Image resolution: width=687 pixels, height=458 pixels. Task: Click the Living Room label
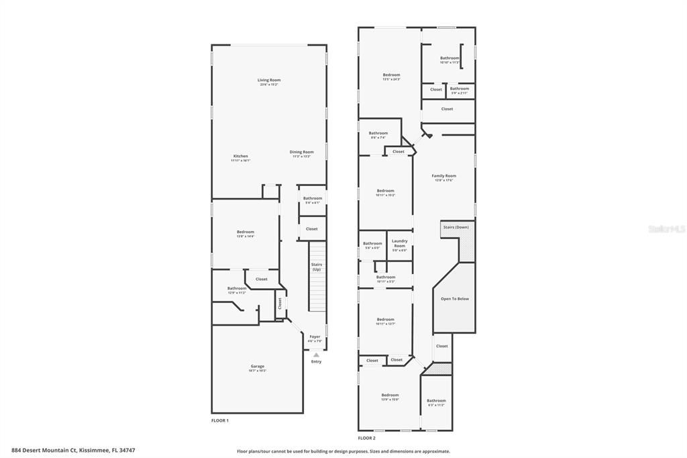pyautogui.click(x=269, y=80)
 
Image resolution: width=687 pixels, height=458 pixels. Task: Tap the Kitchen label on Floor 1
pyautogui.click(x=240, y=156)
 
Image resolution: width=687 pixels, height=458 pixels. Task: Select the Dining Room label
pyautogui.click(x=301, y=152)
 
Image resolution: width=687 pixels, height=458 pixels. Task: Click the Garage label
pyautogui.click(x=257, y=367)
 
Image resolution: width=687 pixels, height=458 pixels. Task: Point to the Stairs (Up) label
pyautogui.click(x=316, y=267)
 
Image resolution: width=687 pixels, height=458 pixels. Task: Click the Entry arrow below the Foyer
pyautogui.click(x=316, y=355)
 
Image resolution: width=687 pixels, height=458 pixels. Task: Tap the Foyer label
pyautogui.click(x=315, y=336)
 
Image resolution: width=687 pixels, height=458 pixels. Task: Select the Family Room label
pyautogui.click(x=443, y=176)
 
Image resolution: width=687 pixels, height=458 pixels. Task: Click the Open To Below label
pyautogui.click(x=454, y=299)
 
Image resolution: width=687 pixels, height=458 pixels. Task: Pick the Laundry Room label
pyautogui.click(x=399, y=243)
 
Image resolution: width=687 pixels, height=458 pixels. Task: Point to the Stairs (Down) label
pyautogui.click(x=456, y=227)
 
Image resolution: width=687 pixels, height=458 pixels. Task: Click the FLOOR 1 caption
pyautogui.click(x=220, y=420)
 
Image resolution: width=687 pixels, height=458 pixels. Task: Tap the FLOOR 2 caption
pyautogui.click(x=366, y=438)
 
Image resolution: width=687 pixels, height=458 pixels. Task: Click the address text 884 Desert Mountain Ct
pyautogui.click(x=78, y=450)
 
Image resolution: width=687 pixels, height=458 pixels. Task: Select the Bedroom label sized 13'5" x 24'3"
pyautogui.click(x=391, y=75)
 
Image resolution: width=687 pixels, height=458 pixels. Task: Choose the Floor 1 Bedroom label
pyautogui.click(x=245, y=232)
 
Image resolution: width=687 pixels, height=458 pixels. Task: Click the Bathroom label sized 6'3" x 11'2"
pyautogui.click(x=436, y=401)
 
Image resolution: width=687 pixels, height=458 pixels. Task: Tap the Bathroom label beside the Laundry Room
pyautogui.click(x=372, y=244)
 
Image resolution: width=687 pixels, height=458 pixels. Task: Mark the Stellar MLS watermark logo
pyautogui.click(x=666, y=229)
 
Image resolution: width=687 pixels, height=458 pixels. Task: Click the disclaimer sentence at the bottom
pyautogui.click(x=343, y=451)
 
